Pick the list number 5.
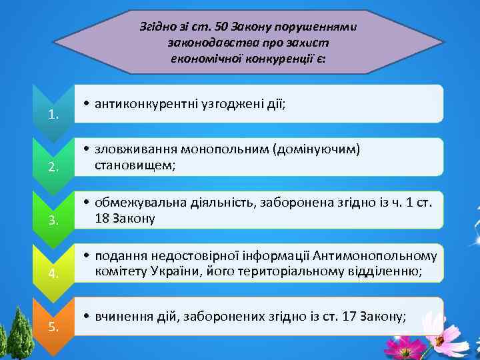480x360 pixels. click(x=54, y=327)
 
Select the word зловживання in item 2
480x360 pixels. click(x=129, y=149)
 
